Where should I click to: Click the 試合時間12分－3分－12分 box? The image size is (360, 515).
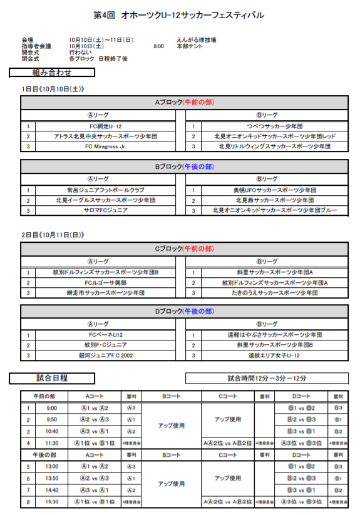point(267,378)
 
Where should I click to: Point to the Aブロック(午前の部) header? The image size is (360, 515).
point(184,101)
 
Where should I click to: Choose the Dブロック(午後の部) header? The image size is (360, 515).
point(184,311)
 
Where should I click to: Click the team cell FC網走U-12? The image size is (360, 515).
point(96,126)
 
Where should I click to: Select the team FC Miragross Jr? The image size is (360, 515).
point(96,146)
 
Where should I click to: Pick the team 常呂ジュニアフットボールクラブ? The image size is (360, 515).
point(96,190)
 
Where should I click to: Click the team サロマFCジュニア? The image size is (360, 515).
point(96,210)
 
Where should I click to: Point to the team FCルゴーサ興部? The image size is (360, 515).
point(96,283)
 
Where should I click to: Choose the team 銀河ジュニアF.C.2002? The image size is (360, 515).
point(96,355)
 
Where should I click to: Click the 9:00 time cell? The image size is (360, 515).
point(51,408)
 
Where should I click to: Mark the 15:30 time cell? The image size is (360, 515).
point(51,501)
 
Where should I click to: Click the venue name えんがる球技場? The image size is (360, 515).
point(196,40)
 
